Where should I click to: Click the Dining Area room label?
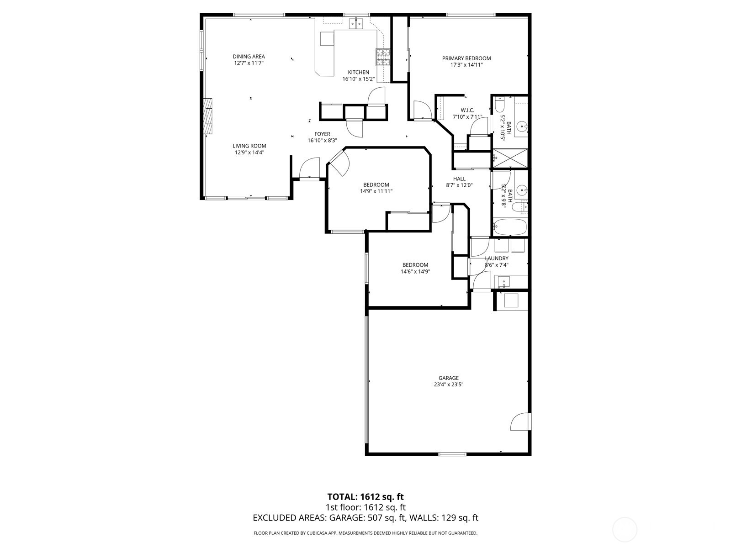[x=249, y=57]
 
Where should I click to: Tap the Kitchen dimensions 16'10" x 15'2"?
[x=358, y=79]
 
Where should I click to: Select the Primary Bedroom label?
[x=466, y=58]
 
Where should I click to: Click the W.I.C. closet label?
[x=467, y=111]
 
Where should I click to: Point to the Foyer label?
[x=322, y=134]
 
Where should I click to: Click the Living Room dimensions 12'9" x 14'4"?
[x=249, y=153]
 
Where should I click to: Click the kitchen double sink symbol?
[x=356, y=22]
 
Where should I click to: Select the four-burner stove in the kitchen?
[x=383, y=57]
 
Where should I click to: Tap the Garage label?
[x=448, y=378]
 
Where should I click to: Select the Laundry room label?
[x=496, y=258]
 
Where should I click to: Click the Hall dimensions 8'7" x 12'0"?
[x=459, y=185]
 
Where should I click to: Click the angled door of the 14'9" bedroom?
[x=338, y=164]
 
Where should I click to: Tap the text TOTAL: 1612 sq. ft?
[x=365, y=497]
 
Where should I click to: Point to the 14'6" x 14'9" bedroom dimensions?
[x=415, y=272]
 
